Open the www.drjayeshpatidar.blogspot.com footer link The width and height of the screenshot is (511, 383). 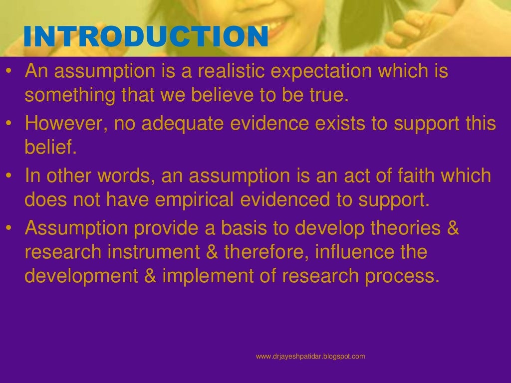[x=310, y=356]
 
